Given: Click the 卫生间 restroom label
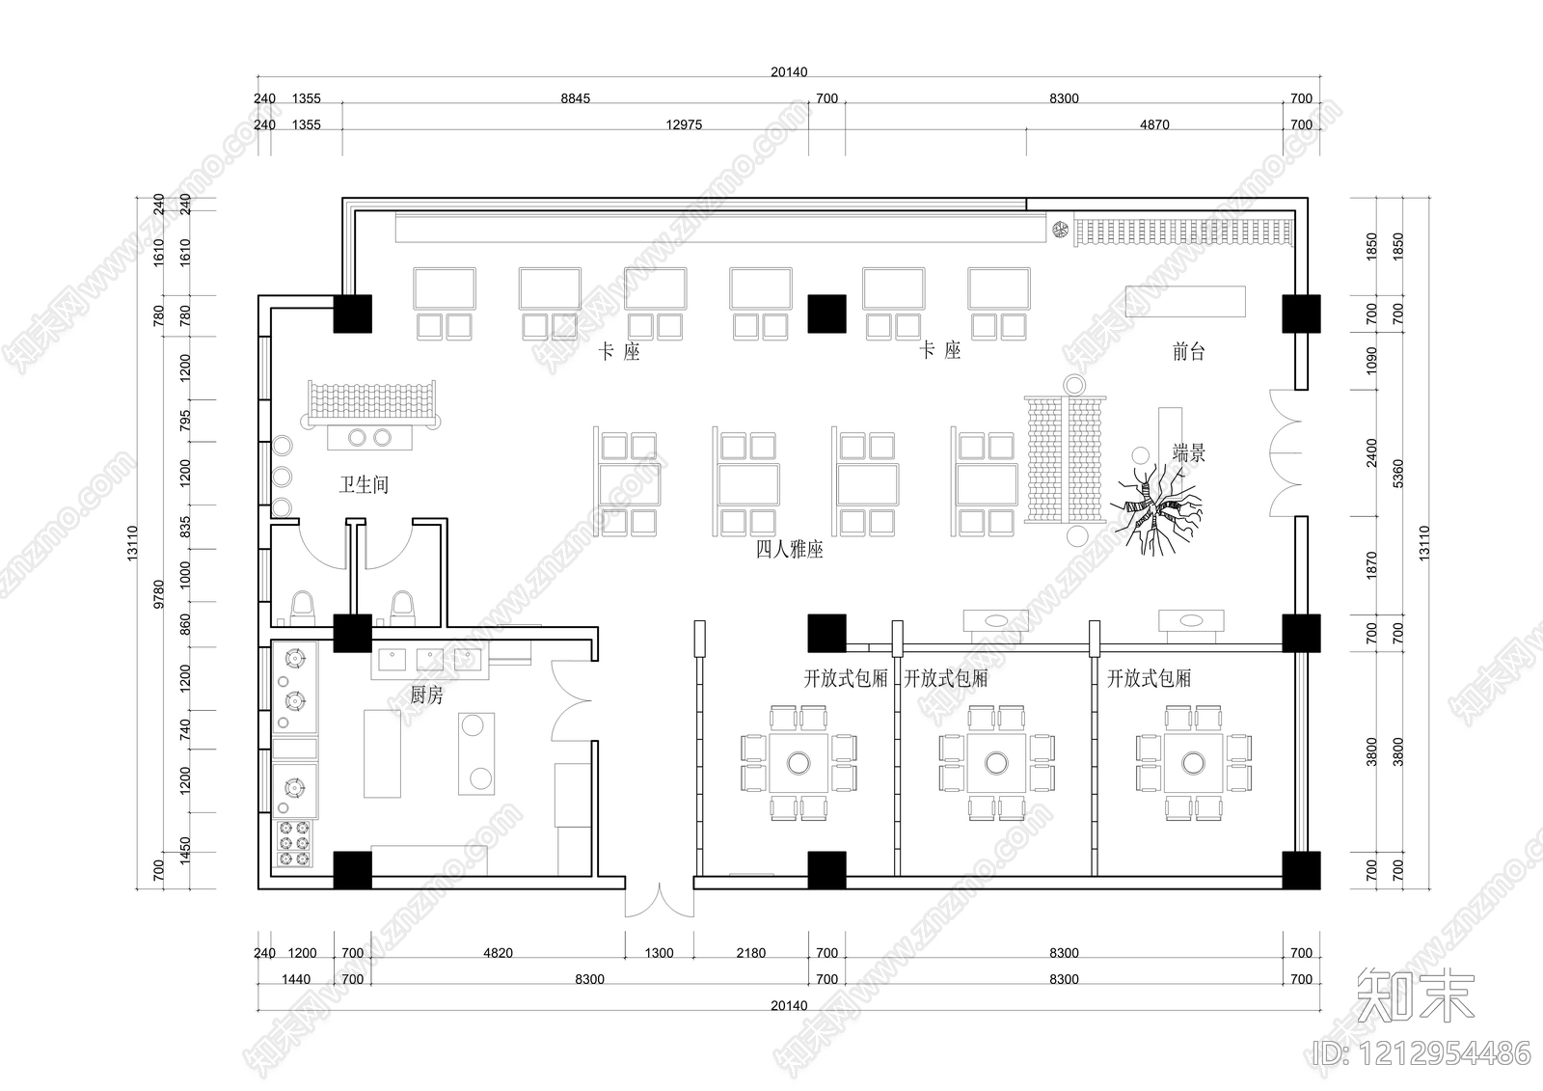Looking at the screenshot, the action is [x=364, y=484].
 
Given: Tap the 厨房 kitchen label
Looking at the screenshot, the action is [x=426, y=695].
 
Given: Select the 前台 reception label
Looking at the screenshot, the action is [x=1188, y=352].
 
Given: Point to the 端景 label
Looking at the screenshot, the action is [x=1189, y=452].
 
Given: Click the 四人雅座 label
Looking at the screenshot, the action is [x=790, y=549].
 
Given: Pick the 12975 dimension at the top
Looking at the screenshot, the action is [x=684, y=124].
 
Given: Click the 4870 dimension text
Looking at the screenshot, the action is [x=1154, y=124].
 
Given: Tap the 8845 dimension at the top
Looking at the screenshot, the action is [x=575, y=98].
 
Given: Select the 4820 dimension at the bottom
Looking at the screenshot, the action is [x=498, y=953].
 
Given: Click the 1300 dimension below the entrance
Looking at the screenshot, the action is [x=660, y=953].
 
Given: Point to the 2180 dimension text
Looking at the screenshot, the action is [x=751, y=953].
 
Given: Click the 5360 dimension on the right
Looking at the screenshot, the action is [x=1397, y=474].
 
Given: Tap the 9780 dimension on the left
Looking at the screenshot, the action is [x=159, y=594].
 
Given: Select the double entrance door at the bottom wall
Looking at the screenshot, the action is [x=660, y=899].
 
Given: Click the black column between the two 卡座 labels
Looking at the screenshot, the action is [x=826, y=314].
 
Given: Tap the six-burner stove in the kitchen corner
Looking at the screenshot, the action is [x=294, y=843].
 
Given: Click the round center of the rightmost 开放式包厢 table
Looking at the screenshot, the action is [x=1193, y=763].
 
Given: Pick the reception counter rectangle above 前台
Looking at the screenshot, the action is [x=1185, y=301].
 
